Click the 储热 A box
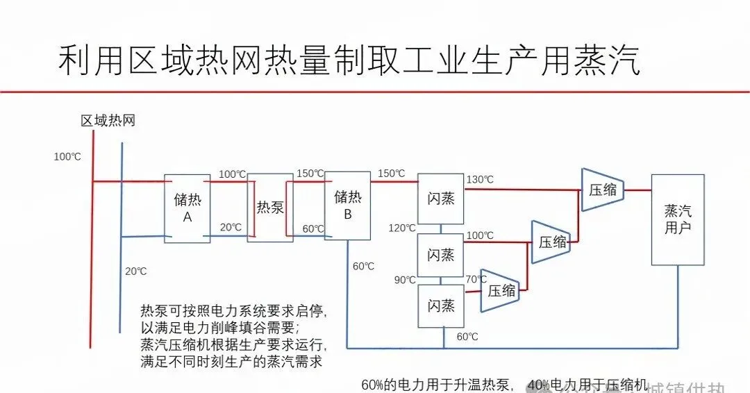(x=187, y=208)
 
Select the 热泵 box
(x=270, y=207)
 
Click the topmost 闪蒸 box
(x=441, y=199)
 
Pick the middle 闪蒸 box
(x=441, y=255)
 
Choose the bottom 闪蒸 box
(x=441, y=306)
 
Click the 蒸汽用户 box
(x=678, y=219)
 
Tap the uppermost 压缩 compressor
(x=602, y=189)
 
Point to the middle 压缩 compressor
(x=551, y=242)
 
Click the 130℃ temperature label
(x=480, y=180)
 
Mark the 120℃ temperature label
(x=402, y=228)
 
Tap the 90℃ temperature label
(x=405, y=280)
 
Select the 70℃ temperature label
(x=476, y=279)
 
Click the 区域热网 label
(x=108, y=121)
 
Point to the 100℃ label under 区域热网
(x=67, y=157)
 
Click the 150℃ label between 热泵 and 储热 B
(x=310, y=173)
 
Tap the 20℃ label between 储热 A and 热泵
(x=231, y=227)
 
